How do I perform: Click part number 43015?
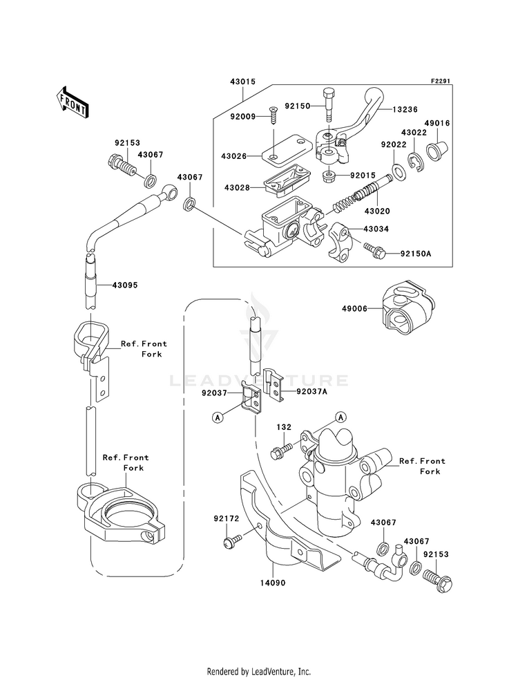[x=243, y=82]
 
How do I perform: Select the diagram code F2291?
[x=440, y=81]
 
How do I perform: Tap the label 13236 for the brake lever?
[x=405, y=110]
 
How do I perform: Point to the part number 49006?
[x=354, y=309]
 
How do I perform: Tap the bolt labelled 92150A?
[x=374, y=251]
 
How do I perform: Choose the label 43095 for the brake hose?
[x=125, y=285]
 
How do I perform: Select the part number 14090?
[x=272, y=583]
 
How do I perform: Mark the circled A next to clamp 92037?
[x=218, y=417]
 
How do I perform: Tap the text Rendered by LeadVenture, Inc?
[x=259, y=672]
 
